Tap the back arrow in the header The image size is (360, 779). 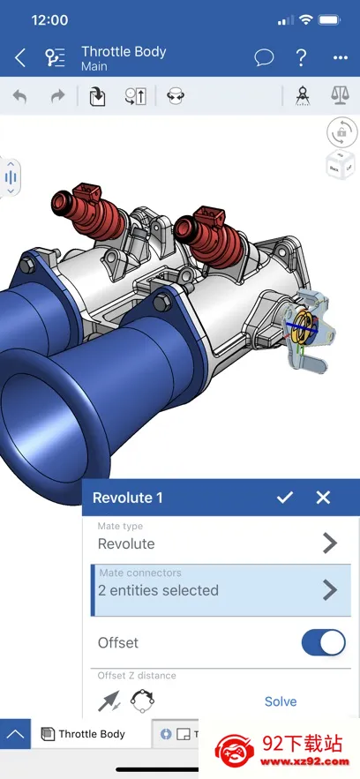pos(20,57)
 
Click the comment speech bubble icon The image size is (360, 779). pos(264,57)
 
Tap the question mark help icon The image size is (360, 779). pos(301,57)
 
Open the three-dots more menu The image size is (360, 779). pos(340,58)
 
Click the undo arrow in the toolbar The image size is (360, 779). pos(20,96)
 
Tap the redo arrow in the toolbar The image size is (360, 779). pos(58,96)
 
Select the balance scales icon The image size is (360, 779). pos(340,95)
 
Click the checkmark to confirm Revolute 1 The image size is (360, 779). pos(284,498)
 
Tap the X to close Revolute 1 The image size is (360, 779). pos(323,498)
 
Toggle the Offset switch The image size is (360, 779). pos(323,642)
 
